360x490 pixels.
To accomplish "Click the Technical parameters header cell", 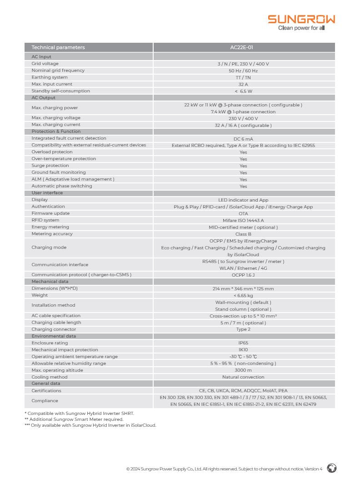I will (x=58, y=47).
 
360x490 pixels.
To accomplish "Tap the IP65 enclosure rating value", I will (x=243, y=343).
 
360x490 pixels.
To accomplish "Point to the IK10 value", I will (x=243, y=350).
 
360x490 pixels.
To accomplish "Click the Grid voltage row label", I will (x=45, y=64).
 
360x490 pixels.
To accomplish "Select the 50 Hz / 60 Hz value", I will (x=243, y=71).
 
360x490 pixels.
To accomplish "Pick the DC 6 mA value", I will (x=243, y=139).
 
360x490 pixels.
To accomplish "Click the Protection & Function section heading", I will (x=56, y=131).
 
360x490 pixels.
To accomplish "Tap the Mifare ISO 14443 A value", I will (x=243, y=220).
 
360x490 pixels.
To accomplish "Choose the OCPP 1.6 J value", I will (x=243, y=275).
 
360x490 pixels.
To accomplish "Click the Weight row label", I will (x=40, y=295).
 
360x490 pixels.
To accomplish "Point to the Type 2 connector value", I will (x=243, y=329).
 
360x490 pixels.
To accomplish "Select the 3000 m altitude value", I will (x=243, y=370).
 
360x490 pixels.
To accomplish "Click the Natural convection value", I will (x=243, y=377).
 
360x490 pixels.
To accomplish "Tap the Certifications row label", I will (x=46, y=391).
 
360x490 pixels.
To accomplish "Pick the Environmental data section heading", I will (x=54, y=336).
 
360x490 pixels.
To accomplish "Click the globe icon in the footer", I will (x=332, y=468).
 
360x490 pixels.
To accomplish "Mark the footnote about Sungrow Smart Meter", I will (x=74, y=419).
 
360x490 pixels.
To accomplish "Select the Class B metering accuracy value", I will (x=243, y=234).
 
